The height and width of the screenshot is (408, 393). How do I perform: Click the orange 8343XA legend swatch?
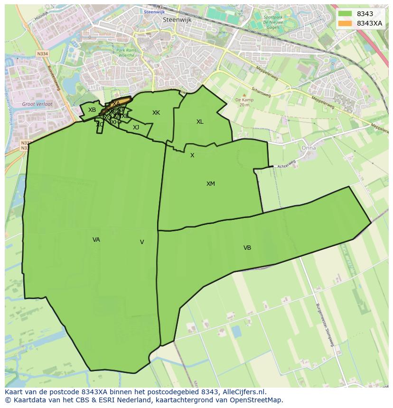click(x=345, y=23)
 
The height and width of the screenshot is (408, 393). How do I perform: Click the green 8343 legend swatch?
click(x=345, y=14)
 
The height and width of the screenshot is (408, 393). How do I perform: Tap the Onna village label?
click(x=309, y=148)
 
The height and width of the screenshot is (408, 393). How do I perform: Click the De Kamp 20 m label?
click(x=244, y=102)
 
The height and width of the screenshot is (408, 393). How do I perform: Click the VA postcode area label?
click(x=96, y=240)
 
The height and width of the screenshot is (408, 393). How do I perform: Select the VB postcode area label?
click(x=247, y=248)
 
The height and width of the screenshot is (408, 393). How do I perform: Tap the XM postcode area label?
click(x=211, y=184)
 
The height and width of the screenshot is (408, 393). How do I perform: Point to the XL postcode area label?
click(x=200, y=122)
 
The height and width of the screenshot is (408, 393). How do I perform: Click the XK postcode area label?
click(x=156, y=113)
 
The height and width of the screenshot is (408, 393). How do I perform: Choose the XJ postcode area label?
click(x=136, y=127)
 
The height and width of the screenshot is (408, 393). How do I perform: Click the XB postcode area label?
click(x=92, y=110)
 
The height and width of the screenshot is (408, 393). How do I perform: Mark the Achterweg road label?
click(x=286, y=164)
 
